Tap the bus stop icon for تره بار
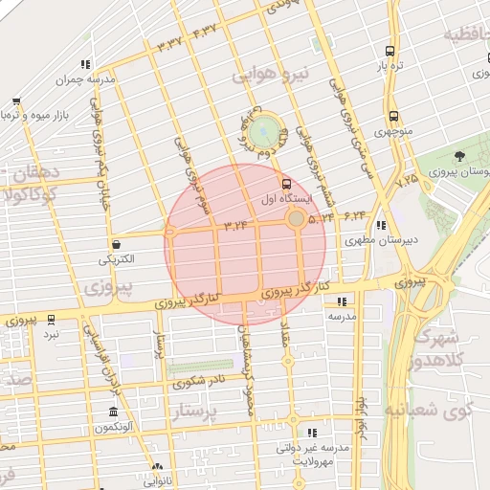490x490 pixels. click(x=390, y=52)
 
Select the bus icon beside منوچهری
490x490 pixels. click(x=393, y=118)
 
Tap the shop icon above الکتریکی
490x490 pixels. click(x=116, y=245)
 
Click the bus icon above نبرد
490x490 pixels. click(x=51, y=320)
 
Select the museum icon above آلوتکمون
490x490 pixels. click(x=114, y=412)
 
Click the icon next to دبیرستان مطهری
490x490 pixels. click(x=382, y=227)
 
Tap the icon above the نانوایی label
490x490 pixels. click(x=157, y=468)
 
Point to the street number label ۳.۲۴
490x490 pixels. click(x=235, y=226)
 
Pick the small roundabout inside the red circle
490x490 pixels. click(x=297, y=220)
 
